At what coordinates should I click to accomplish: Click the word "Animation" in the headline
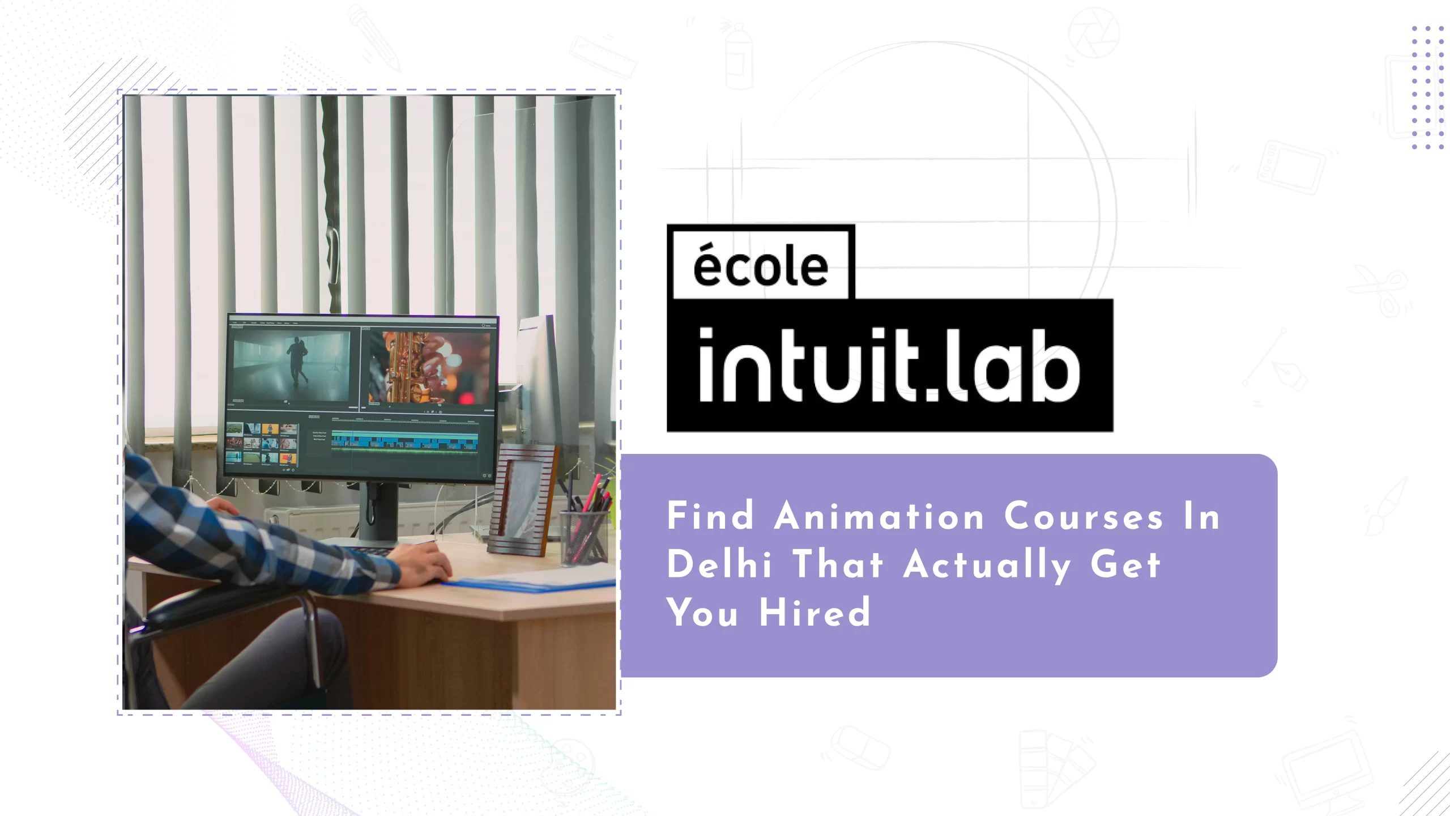(879, 516)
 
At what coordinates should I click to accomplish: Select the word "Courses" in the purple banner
(1084, 516)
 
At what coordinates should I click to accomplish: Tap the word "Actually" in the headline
(987, 566)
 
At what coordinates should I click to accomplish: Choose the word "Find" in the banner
(710, 516)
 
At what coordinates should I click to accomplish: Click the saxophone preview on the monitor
(428, 367)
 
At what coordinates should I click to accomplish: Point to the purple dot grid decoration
(1427, 87)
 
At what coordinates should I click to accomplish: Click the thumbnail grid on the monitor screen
(262, 444)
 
